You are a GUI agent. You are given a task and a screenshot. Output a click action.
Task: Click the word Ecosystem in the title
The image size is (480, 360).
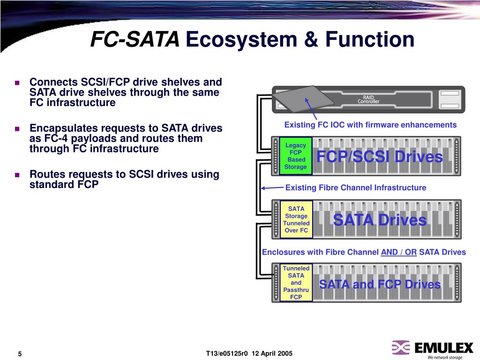(234, 40)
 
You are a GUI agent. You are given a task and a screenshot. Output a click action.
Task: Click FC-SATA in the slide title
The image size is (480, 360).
(135, 40)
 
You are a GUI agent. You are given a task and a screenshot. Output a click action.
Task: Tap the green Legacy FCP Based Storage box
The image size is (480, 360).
(296, 156)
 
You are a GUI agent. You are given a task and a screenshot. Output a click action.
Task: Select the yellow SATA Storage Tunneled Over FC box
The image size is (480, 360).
(296, 219)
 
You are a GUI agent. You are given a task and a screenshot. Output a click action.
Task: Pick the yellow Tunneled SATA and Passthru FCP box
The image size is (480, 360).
(296, 283)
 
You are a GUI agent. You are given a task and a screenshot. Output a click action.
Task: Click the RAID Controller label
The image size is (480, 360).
(368, 99)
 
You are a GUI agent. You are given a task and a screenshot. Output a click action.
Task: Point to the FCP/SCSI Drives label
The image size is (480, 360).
(379, 157)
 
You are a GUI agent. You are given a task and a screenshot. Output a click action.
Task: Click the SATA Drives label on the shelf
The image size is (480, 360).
(380, 220)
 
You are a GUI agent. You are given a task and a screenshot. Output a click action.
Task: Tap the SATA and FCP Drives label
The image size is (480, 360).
(380, 285)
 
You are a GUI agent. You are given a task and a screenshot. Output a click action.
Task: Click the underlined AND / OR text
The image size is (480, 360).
(399, 252)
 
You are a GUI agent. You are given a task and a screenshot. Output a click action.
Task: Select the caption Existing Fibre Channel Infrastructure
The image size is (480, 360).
(356, 188)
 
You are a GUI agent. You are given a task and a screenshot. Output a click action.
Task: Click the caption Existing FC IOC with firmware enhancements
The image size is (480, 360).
(370, 125)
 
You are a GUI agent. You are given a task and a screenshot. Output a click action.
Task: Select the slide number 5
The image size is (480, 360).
(20, 353)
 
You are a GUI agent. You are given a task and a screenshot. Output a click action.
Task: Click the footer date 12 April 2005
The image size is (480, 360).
(271, 353)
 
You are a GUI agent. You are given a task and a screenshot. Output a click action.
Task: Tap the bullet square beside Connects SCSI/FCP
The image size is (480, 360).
(17, 83)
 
